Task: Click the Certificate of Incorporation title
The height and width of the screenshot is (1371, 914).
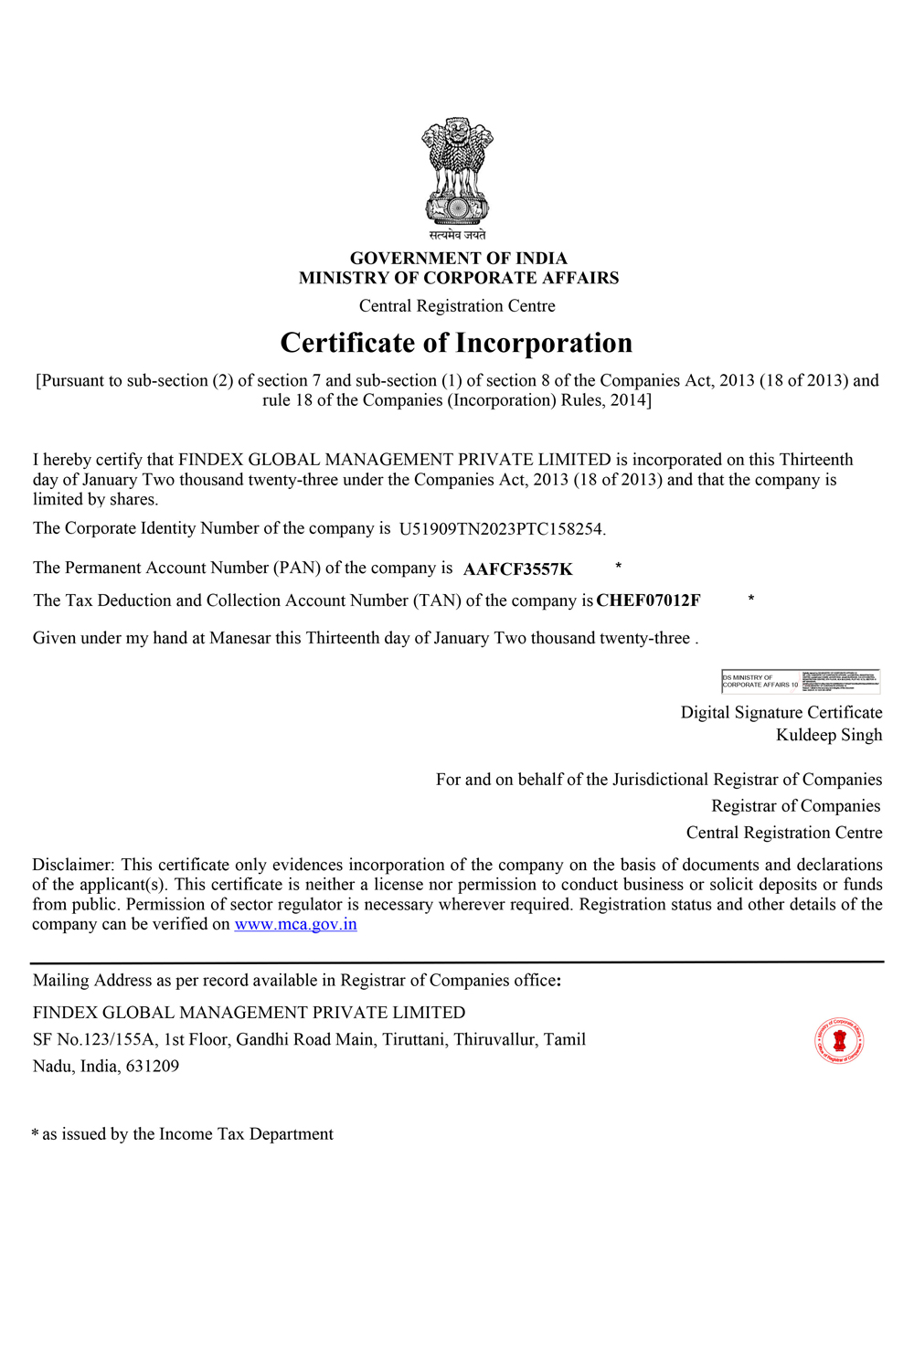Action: pyautogui.click(x=456, y=343)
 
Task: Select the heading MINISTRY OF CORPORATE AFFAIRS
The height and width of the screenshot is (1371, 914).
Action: pyautogui.click(x=459, y=278)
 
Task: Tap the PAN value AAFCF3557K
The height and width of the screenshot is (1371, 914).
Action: pyautogui.click(x=518, y=569)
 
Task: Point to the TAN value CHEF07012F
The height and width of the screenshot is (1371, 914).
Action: pyautogui.click(x=648, y=600)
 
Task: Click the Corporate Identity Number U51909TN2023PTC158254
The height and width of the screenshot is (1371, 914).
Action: pyautogui.click(x=502, y=529)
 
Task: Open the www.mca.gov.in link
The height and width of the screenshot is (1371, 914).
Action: pyautogui.click(x=295, y=924)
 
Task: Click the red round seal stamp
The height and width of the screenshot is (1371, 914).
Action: pyautogui.click(x=839, y=1040)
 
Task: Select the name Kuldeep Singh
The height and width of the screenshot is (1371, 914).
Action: pyautogui.click(x=829, y=735)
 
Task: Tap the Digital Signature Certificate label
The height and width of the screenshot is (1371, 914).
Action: pyautogui.click(x=781, y=713)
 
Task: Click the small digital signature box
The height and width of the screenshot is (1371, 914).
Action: pyautogui.click(x=801, y=681)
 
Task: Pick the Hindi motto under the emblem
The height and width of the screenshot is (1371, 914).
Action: pyautogui.click(x=457, y=235)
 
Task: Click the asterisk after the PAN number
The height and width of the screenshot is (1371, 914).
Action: pyautogui.click(x=619, y=567)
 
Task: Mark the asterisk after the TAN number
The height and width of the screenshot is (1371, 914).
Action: pyautogui.click(x=751, y=599)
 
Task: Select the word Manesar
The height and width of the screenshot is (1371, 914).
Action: pyautogui.click(x=240, y=638)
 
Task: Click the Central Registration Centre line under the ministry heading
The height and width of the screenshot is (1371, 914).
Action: pyautogui.click(x=457, y=306)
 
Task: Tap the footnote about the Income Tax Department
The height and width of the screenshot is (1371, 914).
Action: pyautogui.click(x=183, y=1134)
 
